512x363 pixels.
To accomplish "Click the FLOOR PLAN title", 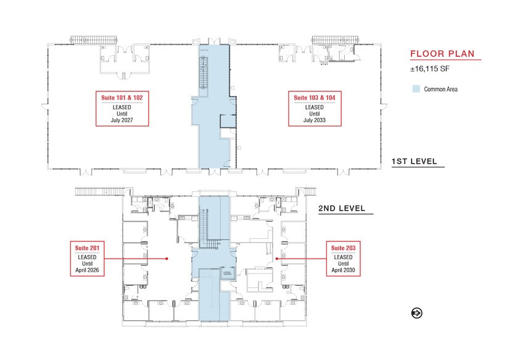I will [442, 54].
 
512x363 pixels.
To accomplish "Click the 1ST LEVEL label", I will [415, 162].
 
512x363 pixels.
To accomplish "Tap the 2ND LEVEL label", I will [345, 209].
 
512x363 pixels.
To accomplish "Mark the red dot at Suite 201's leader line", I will [167, 259].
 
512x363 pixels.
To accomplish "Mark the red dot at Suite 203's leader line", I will [277, 259].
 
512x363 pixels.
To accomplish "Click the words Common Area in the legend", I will [440, 89].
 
